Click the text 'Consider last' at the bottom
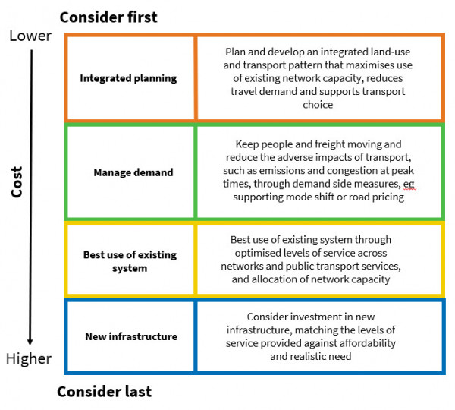[x=104, y=392]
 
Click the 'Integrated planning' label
[x=127, y=78]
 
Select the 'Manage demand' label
[x=133, y=172]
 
